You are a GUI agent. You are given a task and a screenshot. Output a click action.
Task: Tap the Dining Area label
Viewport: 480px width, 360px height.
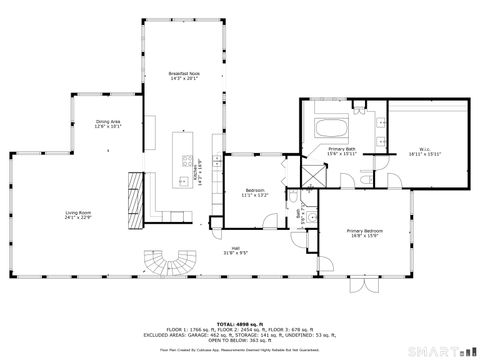point(109,124)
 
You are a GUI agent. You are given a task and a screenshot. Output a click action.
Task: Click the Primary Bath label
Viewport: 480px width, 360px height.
point(342,152)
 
